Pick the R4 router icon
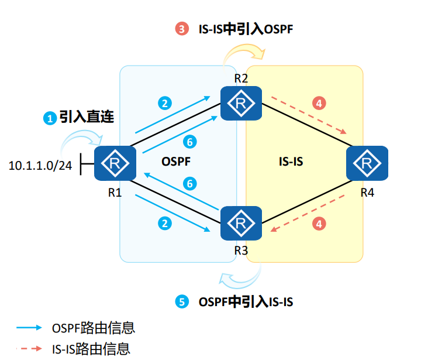pos(367,164)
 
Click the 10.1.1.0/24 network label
pos(40,166)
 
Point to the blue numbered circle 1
pos(50,118)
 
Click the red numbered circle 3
pos(181,28)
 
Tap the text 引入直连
pos(86,116)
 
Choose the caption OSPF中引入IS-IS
pos(246,302)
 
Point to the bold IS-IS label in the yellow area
pos(291,160)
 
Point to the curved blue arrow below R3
pos(241,275)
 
